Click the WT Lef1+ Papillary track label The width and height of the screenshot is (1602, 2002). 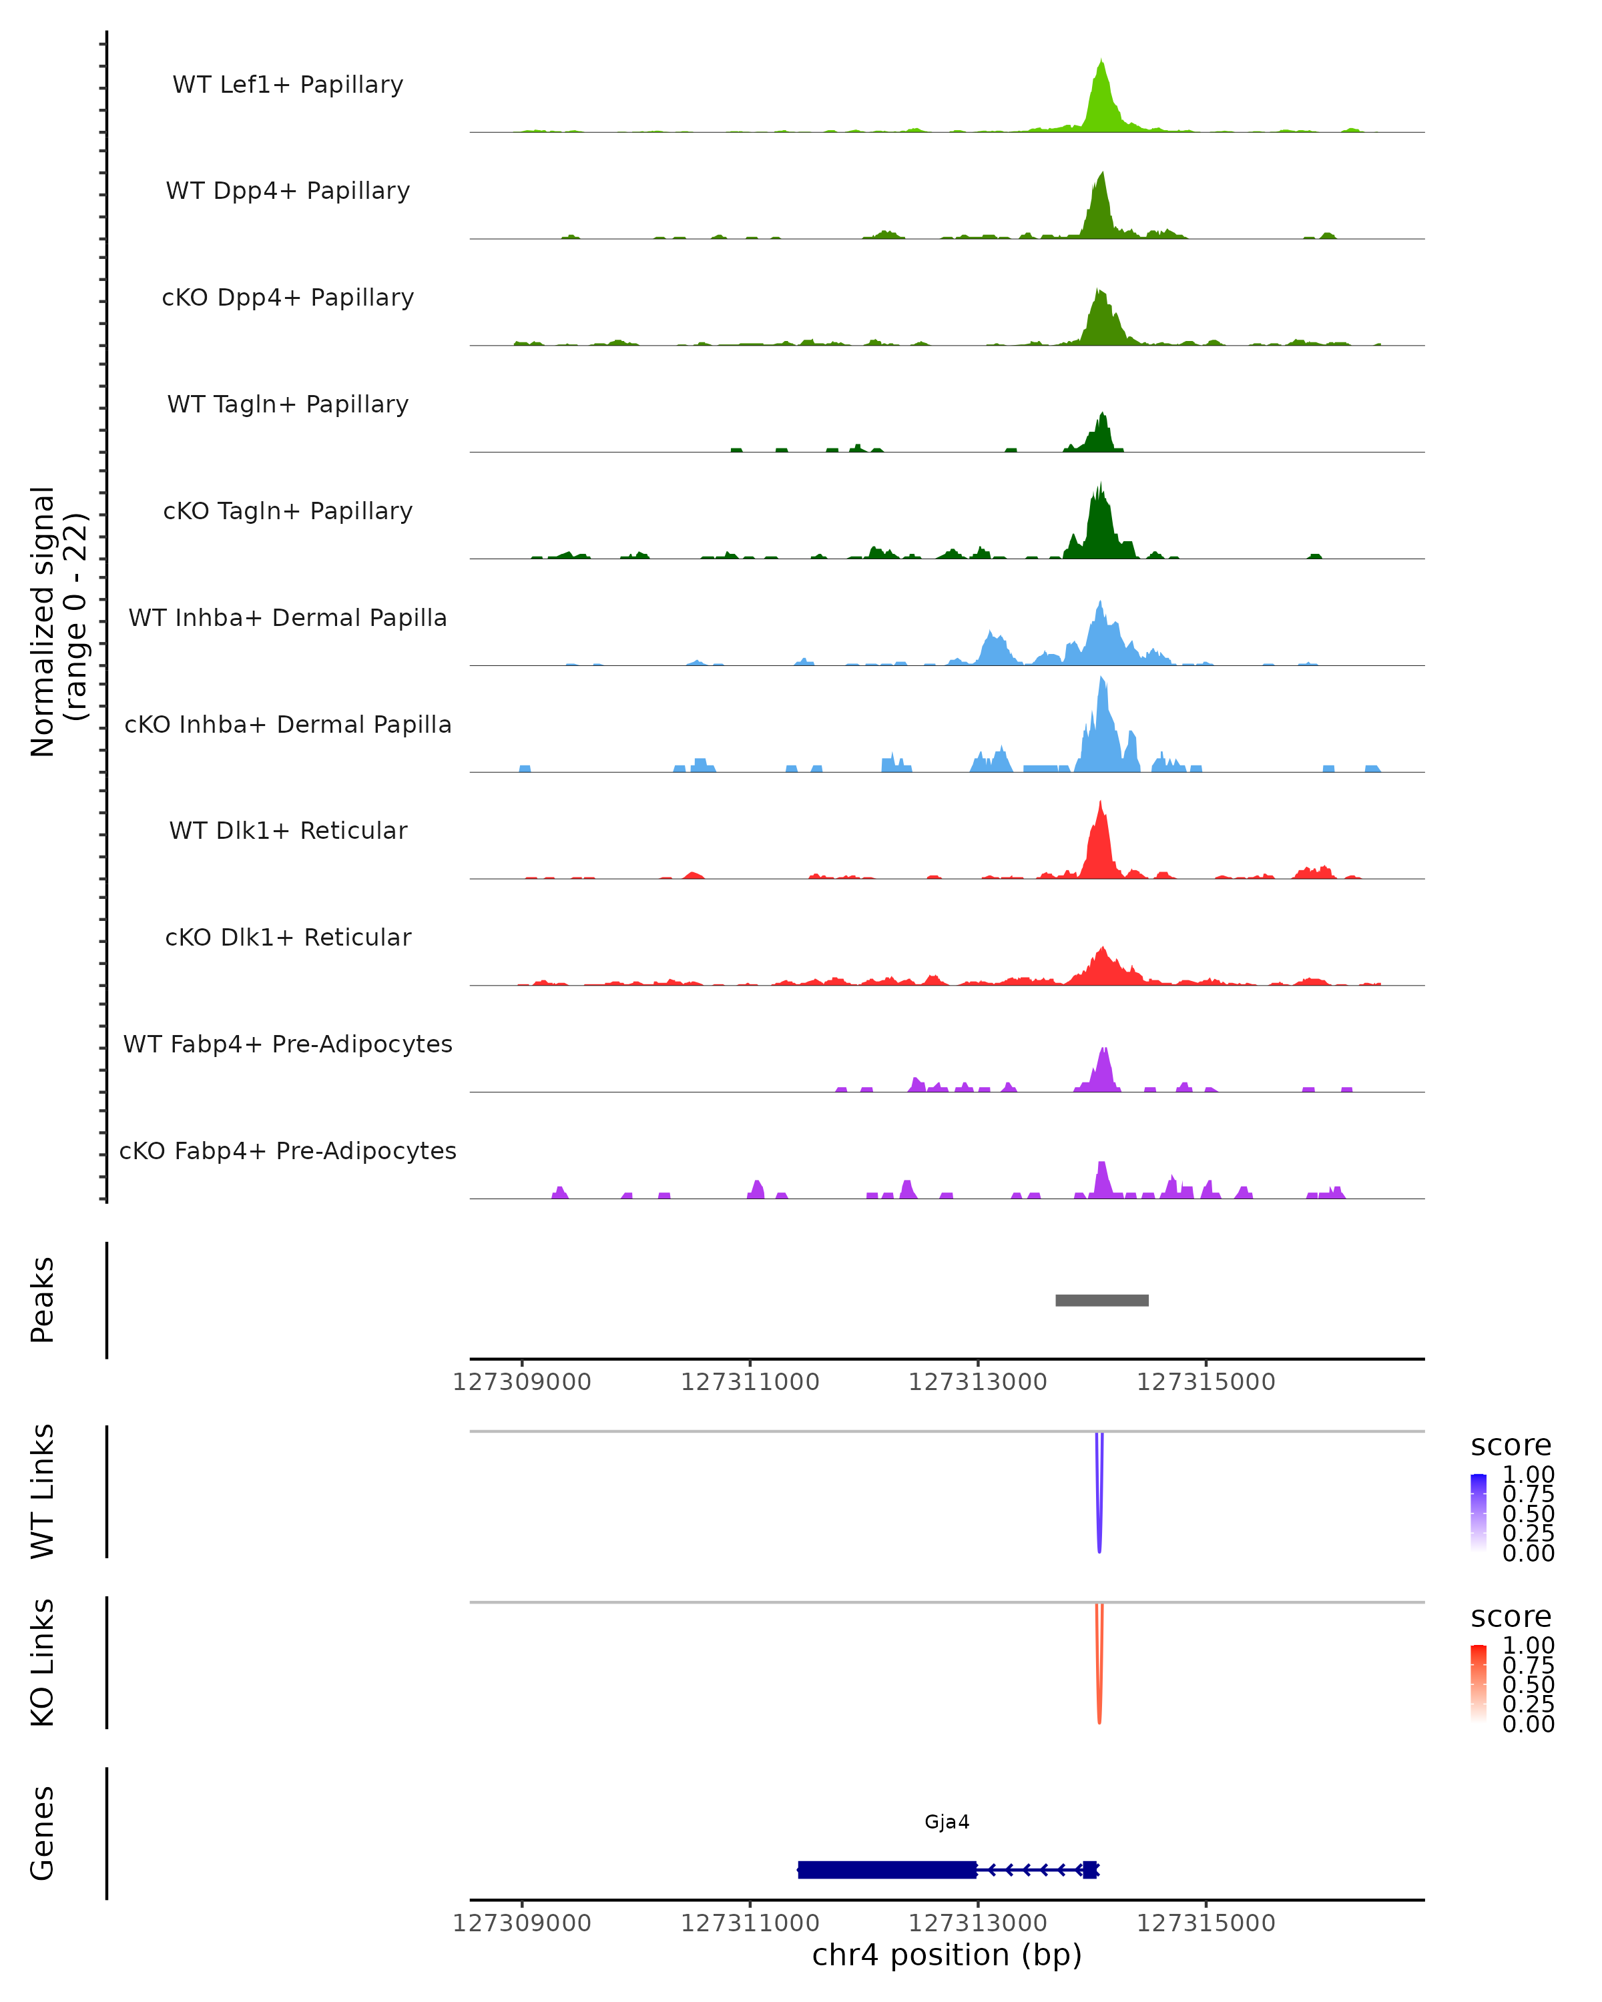(x=288, y=85)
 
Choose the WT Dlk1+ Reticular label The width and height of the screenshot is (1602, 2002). (x=288, y=830)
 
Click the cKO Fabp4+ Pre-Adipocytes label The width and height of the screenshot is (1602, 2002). (x=288, y=1150)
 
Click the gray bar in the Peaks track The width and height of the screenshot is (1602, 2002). (x=1101, y=1300)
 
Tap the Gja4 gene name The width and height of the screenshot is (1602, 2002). (x=947, y=1822)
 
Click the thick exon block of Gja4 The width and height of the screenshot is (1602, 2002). (x=887, y=1869)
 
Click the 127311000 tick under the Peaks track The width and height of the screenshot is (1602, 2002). (x=750, y=1382)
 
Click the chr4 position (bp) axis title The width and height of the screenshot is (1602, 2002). (x=947, y=1955)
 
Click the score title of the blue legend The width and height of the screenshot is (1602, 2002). (x=1511, y=1446)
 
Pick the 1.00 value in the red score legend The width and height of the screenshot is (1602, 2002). (x=1528, y=1646)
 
